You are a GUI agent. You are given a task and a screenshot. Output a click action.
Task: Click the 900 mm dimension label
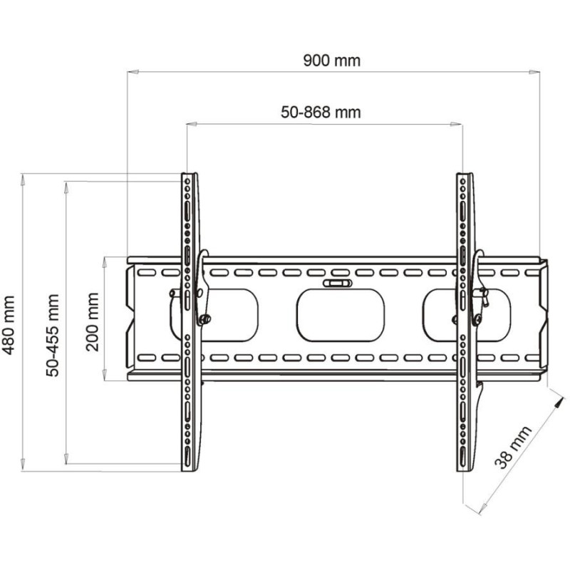pos(331,61)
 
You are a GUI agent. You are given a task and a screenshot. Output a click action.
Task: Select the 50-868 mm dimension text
pos(321,113)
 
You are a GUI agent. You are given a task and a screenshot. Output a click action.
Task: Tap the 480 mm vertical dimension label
pos(9,326)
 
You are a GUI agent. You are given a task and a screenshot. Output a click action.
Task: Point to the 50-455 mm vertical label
pos(53,336)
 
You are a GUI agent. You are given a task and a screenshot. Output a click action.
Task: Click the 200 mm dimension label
pos(93,322)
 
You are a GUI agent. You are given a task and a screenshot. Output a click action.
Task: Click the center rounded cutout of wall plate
pos(341,315)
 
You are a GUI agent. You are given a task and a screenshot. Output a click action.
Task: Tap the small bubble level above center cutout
pos(338,283)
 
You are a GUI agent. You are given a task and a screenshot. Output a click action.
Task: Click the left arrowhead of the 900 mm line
pos(133,72)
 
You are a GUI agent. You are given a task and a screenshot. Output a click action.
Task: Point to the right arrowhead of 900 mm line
pos(534,72)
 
